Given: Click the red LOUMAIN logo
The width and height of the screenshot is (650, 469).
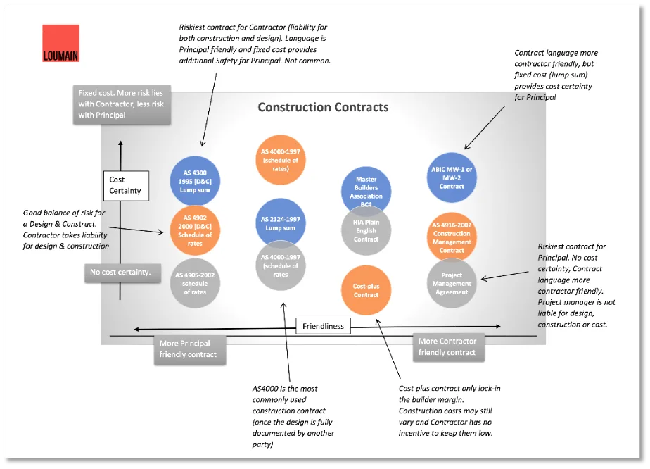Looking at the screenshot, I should [60, 44].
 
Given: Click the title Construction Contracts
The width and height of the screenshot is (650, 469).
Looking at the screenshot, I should [323, 108].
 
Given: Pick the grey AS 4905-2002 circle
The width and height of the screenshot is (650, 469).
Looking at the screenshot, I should [195, 283].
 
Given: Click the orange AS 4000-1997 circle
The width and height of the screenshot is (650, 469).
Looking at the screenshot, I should [280, 160].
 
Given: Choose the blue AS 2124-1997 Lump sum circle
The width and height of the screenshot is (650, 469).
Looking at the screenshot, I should [280, 223].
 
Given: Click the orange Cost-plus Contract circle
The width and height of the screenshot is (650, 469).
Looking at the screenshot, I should [366, 290].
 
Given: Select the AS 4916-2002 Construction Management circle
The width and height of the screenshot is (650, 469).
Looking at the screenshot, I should [452, 236].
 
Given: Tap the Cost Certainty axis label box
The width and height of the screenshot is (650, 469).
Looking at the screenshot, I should [125, 185].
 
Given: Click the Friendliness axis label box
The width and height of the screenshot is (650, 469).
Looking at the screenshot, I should [324, 326].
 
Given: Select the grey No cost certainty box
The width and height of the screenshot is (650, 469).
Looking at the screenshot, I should [120, 272].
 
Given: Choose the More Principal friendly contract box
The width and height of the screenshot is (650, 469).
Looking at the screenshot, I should [189, 349].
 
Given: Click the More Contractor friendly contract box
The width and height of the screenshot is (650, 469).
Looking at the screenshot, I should [447, 347].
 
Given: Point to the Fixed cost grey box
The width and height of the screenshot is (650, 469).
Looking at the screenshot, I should [122, 104].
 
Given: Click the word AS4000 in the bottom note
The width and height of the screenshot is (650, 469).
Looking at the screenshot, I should [267, 388].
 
